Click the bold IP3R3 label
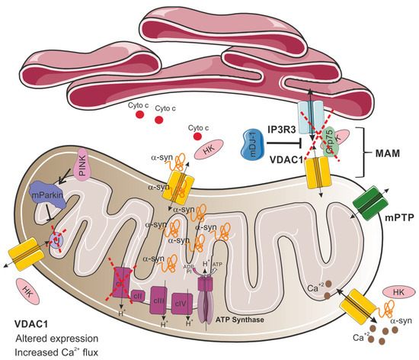point(286,132)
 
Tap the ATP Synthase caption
point(233,320)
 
